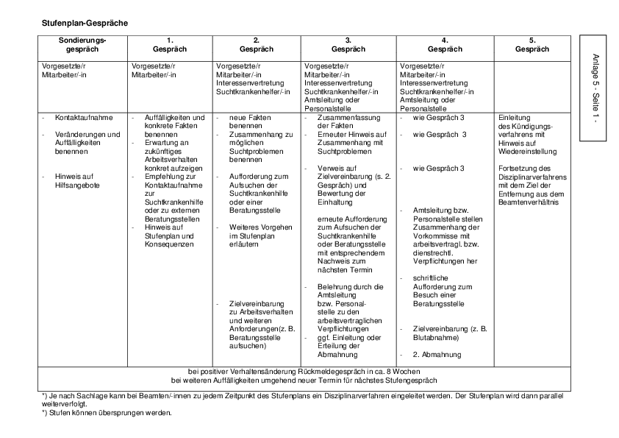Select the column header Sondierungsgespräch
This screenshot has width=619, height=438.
[82, 44]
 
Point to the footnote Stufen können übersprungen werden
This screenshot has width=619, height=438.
[110, 412]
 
